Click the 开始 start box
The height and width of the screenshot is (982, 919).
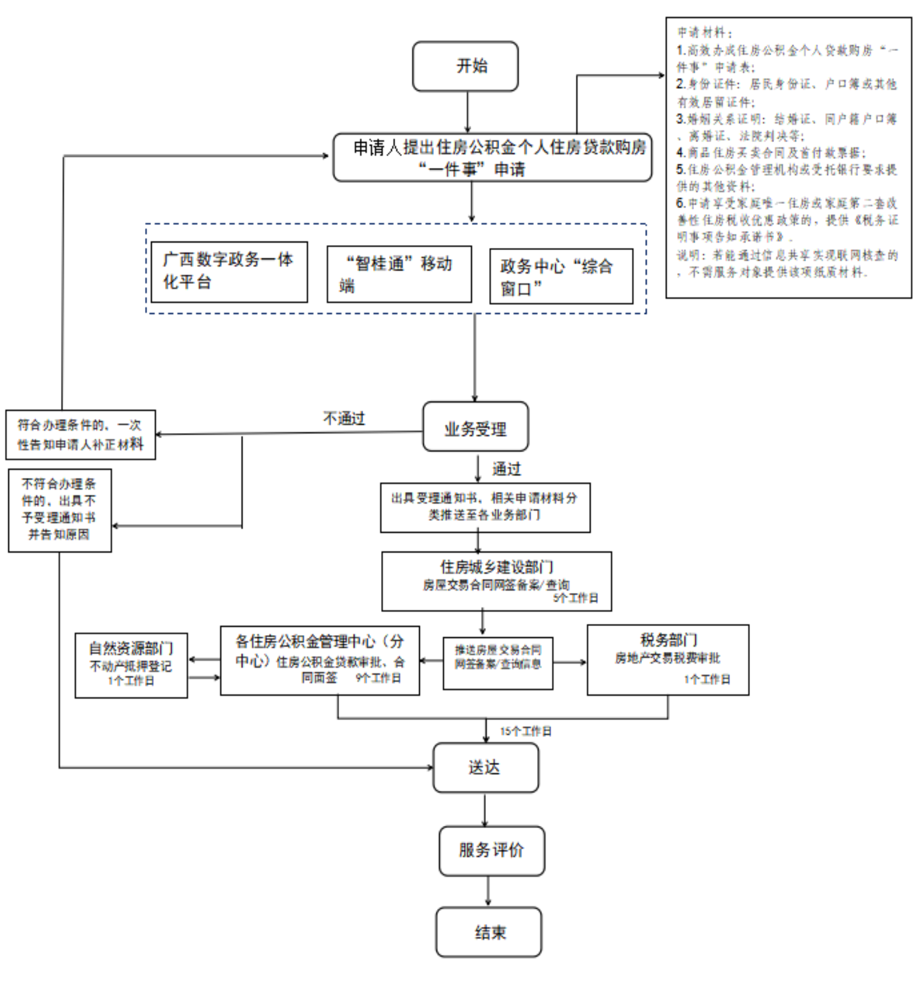465,66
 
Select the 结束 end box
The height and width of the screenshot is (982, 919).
489,932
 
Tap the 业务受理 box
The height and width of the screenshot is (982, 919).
475,427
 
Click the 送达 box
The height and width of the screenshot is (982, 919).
485,767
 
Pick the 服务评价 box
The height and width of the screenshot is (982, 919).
491,851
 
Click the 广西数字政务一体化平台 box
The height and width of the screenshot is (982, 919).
229,272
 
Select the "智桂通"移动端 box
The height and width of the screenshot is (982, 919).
399,274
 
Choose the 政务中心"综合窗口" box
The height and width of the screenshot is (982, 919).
561,276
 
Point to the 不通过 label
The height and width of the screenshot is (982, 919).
344,418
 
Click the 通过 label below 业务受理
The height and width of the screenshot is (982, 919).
507,469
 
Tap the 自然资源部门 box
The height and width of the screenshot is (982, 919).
131,665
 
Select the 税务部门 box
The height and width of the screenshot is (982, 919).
668,660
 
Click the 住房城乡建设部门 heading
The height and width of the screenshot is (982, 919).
496,567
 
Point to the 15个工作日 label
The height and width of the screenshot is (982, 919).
526,731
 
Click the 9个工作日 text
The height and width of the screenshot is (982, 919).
378,678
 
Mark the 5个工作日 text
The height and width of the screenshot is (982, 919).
576,598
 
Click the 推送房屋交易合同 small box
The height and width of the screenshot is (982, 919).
498,663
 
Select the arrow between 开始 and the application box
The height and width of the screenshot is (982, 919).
467,112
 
